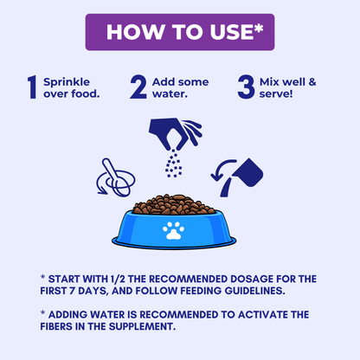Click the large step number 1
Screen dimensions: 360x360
tap(32, 87)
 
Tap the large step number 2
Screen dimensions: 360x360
tap(138, 87)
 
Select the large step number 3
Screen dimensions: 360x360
tap(246, 87)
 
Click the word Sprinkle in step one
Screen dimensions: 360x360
tap(67, 82)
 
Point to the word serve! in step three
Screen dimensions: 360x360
tap(276, 93)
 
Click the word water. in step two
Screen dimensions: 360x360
tap(170, 93)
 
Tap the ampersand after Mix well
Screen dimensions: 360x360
tap(312, 82)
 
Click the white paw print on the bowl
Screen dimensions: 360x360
tap(173, 230)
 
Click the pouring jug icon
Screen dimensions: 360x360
tap(237, 177)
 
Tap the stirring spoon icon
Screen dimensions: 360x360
tap(116, 177)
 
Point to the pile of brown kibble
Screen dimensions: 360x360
tap(174, 204)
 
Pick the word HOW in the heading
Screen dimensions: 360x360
tap(135, 32)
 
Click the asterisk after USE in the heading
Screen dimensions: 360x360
tap(259, 29)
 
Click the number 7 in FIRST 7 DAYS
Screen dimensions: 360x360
tap(72, 291)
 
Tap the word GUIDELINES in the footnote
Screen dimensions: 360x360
tap(254, 291)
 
